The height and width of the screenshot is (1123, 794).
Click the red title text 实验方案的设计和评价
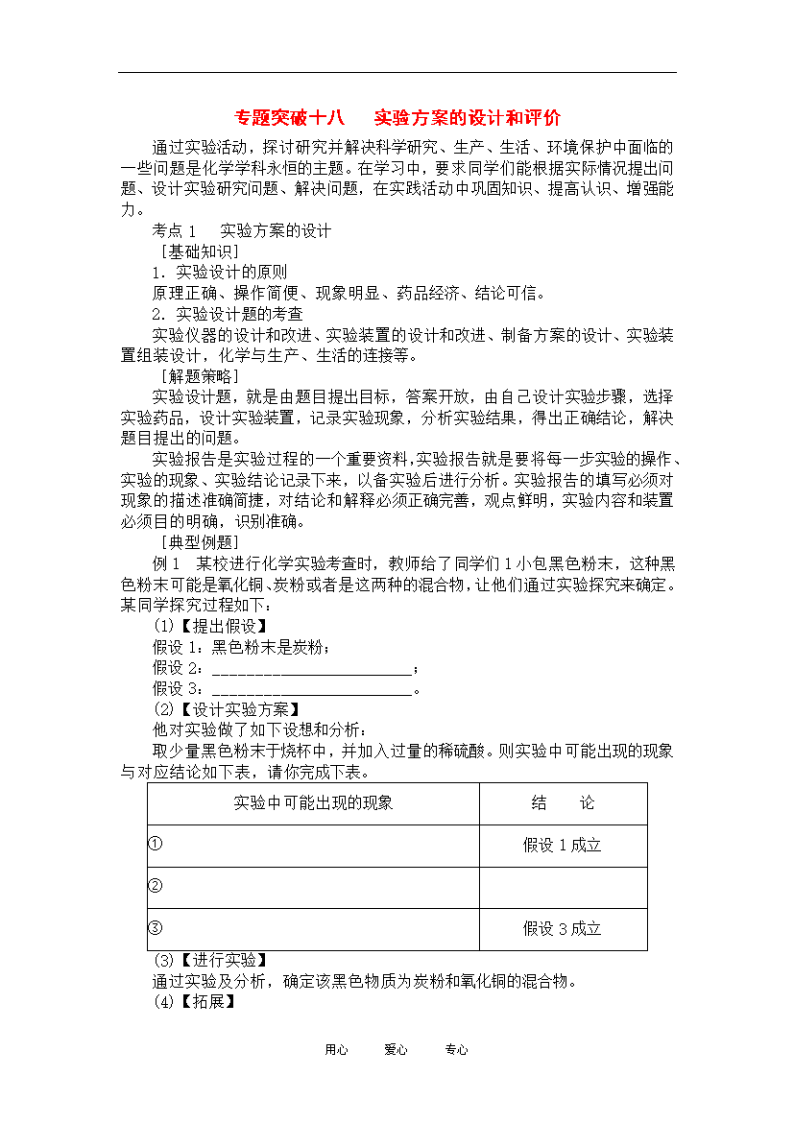(467, 118)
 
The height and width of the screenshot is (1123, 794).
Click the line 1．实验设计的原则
(220, 273)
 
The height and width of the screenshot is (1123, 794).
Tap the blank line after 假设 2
(311, 668)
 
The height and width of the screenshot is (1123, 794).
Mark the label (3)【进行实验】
(210, 960)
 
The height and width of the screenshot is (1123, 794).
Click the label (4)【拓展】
(194, 1002)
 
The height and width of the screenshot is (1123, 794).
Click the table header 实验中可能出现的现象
(313, 803)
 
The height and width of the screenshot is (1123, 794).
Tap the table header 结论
(563, 803)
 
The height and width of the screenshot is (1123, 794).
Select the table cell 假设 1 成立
(562, 846)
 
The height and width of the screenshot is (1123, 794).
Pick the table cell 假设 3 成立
(562, 929)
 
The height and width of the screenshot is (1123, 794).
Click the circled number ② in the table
(156, 885)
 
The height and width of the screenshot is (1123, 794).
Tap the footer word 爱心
(396, 1050)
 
